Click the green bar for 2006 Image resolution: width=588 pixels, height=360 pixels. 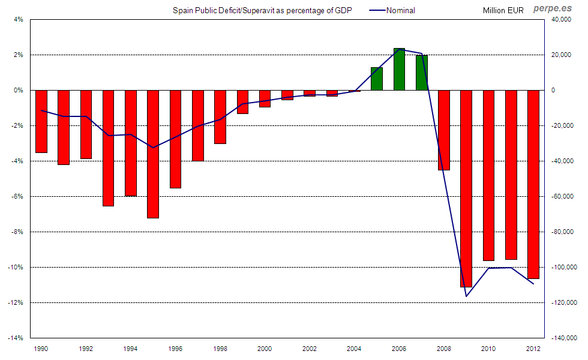[399, 69]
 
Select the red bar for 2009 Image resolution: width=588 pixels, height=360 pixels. [466, 188]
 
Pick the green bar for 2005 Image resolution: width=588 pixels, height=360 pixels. [377, 79]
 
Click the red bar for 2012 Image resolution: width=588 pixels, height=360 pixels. [533, 184]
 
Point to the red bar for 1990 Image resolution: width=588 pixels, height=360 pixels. [41, 121]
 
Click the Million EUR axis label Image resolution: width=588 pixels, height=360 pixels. [503, 10]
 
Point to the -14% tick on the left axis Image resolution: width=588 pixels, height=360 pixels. [16, 338]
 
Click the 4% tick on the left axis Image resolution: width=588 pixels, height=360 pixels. [18, 19]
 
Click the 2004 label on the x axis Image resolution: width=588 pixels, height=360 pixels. [355, 349]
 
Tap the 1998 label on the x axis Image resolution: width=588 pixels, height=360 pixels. [220, 349]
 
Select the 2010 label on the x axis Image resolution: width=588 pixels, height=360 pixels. [489, 349]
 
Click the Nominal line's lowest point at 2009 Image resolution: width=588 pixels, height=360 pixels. [466, 296]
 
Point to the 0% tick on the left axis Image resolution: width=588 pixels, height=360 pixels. [18, 90]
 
